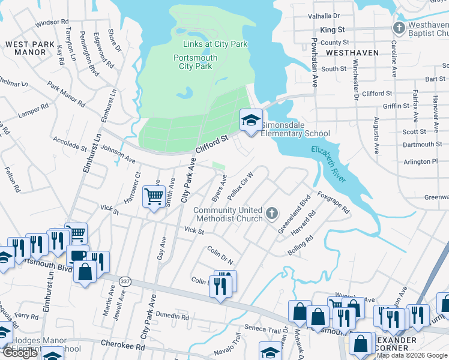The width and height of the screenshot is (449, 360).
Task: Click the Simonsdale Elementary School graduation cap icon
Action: pos(252,120)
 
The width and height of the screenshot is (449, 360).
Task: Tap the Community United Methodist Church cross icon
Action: pos(272,213)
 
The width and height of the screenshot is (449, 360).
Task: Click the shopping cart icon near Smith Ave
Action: pos(154,196)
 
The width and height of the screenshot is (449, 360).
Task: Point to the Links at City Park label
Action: pos(215,44)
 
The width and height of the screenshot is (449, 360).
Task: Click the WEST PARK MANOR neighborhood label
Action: pos(26,48)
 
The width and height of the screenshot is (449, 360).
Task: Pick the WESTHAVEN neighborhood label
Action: pos(352,53)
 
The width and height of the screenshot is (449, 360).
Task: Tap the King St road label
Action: pos(333,29)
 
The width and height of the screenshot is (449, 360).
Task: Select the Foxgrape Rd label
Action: pos(333,203)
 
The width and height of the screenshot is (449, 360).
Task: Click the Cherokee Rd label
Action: pos(124,346)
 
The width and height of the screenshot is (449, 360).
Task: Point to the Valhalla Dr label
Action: pos(324,16)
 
